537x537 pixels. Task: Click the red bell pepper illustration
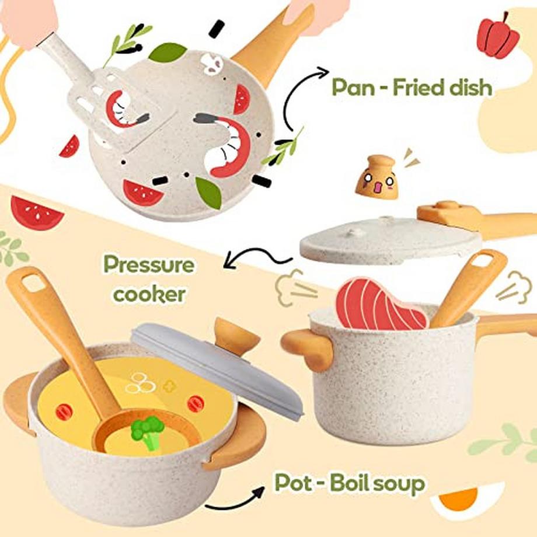point(498,36)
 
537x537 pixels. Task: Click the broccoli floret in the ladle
point(148,432)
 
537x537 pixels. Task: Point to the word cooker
point(149,294)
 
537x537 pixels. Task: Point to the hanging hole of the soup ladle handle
point(34,284)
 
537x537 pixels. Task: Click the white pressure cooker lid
point(390,240)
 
